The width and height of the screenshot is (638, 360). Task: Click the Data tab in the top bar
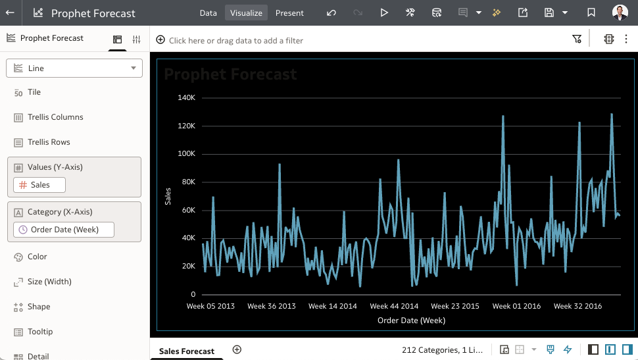(208, 13)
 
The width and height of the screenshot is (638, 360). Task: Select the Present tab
(289, 13)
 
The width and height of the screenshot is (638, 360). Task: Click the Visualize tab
(246, 13)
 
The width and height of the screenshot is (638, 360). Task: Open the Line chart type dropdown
(74, 68)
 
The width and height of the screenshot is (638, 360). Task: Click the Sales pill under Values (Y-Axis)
(39, 185)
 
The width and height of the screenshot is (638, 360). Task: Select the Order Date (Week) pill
(64, 230)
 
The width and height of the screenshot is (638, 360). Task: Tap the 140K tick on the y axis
(187, 97)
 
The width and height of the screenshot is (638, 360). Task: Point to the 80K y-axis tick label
(189, 182)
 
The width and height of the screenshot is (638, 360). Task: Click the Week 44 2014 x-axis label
(394, 306)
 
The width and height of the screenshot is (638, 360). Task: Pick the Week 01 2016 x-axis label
(516, 306)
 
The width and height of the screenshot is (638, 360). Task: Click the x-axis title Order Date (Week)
(411, 321)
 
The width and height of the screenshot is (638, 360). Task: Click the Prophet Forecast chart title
(230, 74)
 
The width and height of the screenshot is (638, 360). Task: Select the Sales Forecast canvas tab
(187, 351)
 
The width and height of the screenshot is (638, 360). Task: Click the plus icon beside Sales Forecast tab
(237, 349)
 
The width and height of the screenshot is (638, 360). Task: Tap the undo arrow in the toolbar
(331, 13)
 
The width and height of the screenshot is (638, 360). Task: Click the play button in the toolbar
(384, 13)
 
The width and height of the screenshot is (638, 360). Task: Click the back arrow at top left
(11, 13)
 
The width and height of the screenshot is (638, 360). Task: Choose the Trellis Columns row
(55, 117)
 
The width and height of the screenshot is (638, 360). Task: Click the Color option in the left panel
(37, 257)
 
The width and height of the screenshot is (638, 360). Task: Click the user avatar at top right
(620, 13)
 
